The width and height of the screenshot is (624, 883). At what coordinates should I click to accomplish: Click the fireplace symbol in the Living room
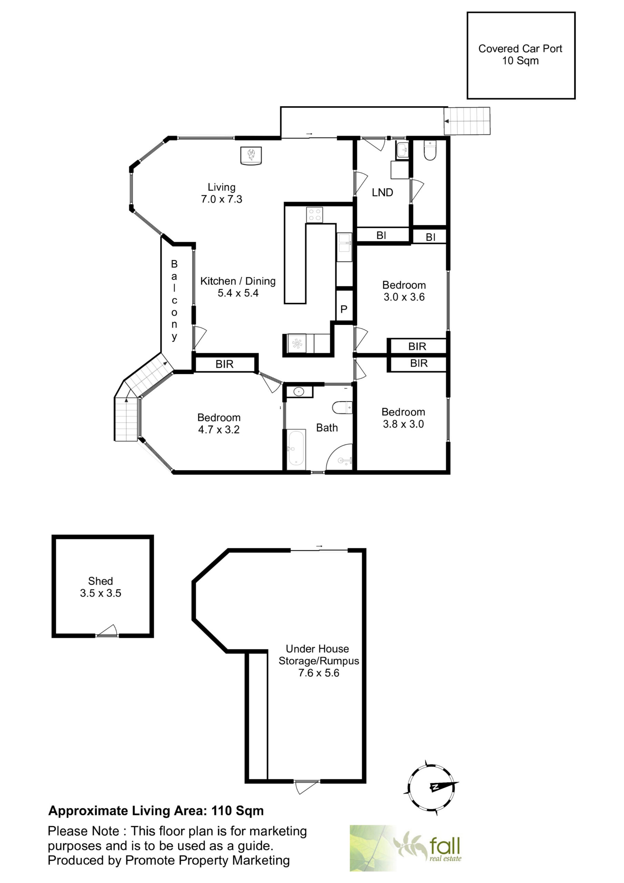pos(251,156)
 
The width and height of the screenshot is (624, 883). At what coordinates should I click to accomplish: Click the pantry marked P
pos(344,309)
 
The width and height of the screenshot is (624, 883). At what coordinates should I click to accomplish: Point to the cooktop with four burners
pos(314,215)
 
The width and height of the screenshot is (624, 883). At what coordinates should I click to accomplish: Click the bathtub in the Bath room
pos(296,448)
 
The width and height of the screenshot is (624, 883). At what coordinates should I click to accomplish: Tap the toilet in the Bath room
pos(342,408)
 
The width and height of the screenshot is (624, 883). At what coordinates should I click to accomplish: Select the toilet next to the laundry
pos(430,150)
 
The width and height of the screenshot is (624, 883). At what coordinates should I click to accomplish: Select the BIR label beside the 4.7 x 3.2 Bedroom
pos(224,364)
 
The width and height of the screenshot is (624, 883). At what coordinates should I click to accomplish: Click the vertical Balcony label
pos(174,300)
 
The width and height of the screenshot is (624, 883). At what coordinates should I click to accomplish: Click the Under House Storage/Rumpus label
pos(319,661)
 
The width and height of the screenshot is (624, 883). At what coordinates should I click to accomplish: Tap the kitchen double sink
pos(344,247)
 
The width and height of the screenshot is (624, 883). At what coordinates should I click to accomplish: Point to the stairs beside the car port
pos(467,121)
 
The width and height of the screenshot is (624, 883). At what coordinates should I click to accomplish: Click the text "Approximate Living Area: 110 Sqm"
pos(156,811)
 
